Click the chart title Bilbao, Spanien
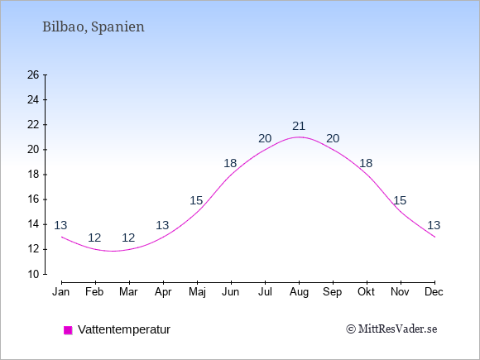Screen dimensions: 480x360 point(93,27)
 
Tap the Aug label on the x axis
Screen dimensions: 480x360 point(299,292)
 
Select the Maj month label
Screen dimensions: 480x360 point(197,292)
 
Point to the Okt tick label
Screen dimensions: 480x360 point(366,292)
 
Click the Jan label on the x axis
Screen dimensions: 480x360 point(61,292)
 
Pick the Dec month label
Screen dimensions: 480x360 point(434,292)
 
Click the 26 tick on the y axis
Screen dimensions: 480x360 point(33,74)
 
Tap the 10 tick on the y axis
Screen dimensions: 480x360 point(33,274)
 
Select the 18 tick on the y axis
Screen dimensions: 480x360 point(33,175)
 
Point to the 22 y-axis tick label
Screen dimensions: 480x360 point(33,125)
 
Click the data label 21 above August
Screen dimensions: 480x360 point(299,126)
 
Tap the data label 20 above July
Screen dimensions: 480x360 point(265,138)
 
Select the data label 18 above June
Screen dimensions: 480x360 point(230,163)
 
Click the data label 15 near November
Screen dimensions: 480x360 point(400,200)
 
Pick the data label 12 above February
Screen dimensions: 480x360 point(94,238)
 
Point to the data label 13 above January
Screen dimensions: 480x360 point(60,225)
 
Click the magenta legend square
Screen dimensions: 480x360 point(68,330)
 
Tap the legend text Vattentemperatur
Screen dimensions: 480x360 point(124,329)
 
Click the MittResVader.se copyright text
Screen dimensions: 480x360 point(391,329)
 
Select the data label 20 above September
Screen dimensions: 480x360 point(333,138)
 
